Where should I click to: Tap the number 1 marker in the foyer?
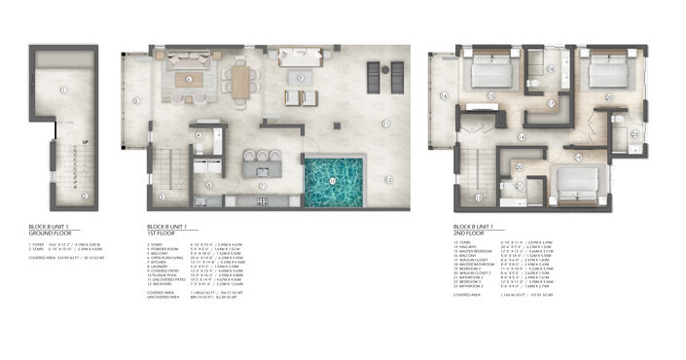click(60, 90)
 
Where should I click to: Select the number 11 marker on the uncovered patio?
click(385, 123)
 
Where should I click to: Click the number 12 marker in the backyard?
click(388, 180)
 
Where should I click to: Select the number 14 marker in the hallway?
click(522, 137)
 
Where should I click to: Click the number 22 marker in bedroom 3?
click(609, 96)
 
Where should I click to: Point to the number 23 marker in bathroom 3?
click(634, 134)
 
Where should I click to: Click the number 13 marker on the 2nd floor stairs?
click(478, 197)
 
